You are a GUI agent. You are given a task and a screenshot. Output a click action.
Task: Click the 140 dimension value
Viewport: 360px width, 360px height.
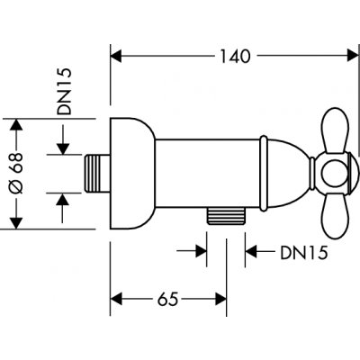pyautogui.click(x=235, y=56)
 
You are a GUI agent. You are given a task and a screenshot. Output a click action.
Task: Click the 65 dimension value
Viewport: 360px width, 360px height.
pyautogui.click(x=168, y=299)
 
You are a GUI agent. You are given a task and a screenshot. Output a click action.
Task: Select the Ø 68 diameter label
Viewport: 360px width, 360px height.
pyautogui.click(x=16, y=173)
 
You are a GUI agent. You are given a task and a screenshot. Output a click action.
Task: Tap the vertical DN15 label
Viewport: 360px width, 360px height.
pyautogui.click(x=65, y=91)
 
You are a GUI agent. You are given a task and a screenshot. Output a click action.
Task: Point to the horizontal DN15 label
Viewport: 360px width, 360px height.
pyautogui.click(x=303, y=253)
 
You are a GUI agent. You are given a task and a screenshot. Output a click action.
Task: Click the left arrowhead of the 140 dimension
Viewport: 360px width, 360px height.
pyautogui.click(x=116, y=56)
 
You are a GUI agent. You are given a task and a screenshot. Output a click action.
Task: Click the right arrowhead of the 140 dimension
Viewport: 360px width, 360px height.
pyautogui.click(x=353, y=56)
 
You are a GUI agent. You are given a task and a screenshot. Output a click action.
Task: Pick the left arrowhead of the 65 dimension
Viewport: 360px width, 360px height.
pyautogui.click(x=117, y=299)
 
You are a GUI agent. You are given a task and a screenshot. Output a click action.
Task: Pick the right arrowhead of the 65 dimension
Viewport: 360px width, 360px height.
pyautogui.click(x=220, y=299)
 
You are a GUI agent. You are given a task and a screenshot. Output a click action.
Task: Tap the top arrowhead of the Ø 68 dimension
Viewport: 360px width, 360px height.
pyautogui.click(x=16, y=125)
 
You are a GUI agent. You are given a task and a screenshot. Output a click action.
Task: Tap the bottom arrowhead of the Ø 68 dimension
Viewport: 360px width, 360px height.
pyautogui.click(x=16, y=223)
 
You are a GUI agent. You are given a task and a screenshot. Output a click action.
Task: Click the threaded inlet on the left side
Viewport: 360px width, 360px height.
pyautogui.click(x=96, y=174)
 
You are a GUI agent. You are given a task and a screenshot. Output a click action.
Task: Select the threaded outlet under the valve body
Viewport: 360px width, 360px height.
pyautogui.click(x=226, y=216)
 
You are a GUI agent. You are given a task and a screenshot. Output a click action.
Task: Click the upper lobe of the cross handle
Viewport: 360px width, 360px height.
pyautogui.click(x=335, y=131)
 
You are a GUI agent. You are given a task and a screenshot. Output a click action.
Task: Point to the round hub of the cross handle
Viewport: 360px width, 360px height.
pyautogui.click(x=335, y=174)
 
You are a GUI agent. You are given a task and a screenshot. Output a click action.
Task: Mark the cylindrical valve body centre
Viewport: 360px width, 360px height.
pyautogui.click(x=208, y=174)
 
